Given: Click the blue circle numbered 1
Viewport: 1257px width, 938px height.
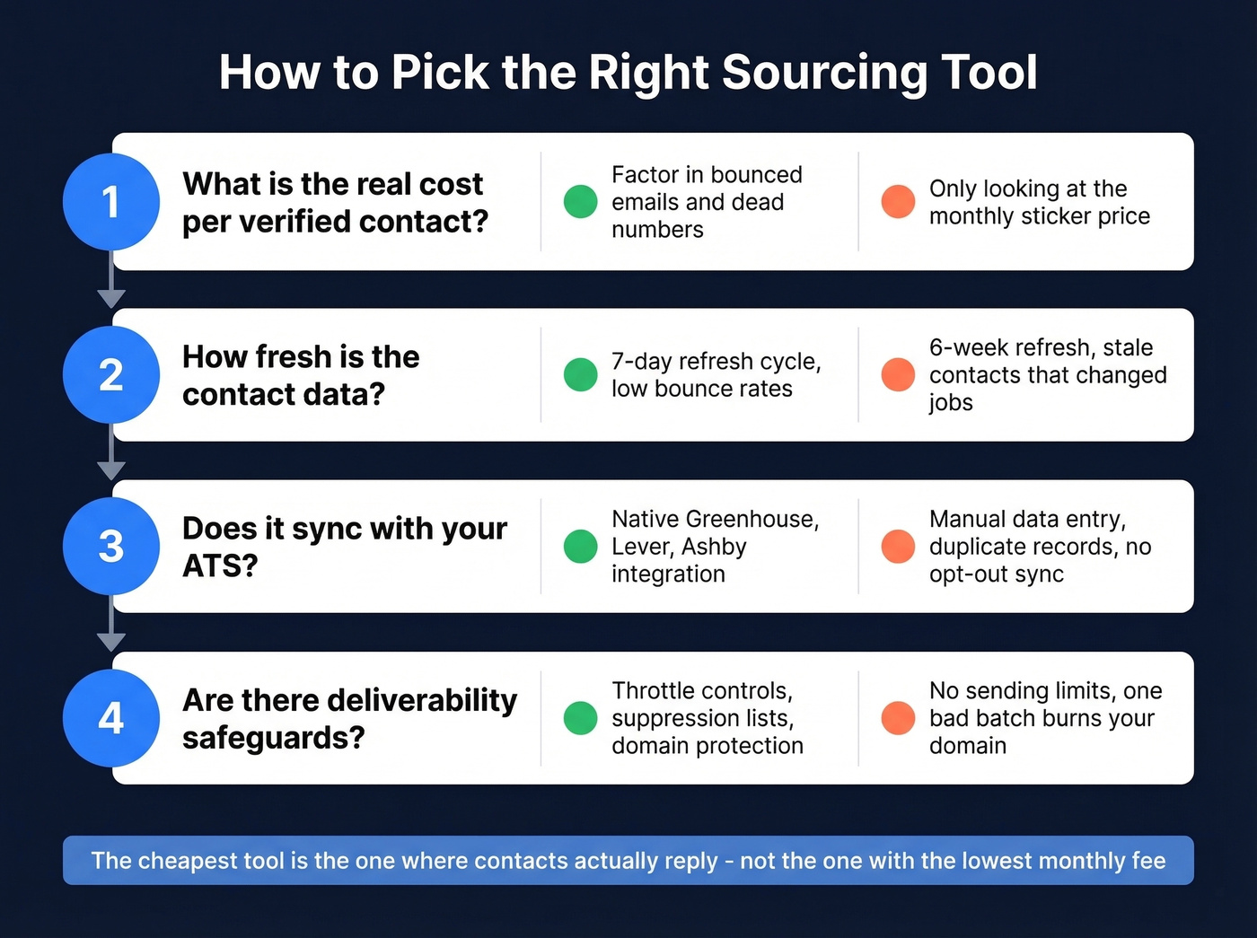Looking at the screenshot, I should tap(111, 201).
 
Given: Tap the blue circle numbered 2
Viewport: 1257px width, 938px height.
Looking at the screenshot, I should tap(111, 374).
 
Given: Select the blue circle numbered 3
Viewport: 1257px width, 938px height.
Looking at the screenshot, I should tap(111, 546).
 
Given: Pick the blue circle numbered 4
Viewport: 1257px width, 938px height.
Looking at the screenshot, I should tap(111, 718).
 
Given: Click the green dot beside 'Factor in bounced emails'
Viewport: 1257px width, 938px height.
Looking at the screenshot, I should tap(580, 201).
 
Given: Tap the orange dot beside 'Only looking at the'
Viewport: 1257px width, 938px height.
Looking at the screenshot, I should tap(898, 201).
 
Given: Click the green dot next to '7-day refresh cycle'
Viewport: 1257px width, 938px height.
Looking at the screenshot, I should tap(580, 374).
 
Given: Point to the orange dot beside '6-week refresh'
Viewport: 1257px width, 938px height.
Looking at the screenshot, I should tap(898, 374).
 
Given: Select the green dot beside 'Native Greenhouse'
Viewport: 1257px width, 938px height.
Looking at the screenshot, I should tap(580, 546).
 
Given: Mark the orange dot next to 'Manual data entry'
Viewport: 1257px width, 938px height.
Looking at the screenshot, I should tap(898, 546).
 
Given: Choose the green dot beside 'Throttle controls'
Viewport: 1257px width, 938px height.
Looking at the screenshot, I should tap(580, 718).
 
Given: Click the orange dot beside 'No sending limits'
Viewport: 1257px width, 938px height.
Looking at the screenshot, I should tap(898, 718).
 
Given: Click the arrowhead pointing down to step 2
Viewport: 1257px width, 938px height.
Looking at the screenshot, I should tap(111, 299).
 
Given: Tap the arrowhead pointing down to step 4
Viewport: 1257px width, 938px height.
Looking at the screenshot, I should tap(111, 642).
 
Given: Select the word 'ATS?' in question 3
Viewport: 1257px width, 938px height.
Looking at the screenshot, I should tap(220, 565).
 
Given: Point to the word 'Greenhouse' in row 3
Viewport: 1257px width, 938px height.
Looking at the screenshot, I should tap(752, 519).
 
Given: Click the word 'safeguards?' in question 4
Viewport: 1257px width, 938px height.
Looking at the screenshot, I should tap(274, 738).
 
